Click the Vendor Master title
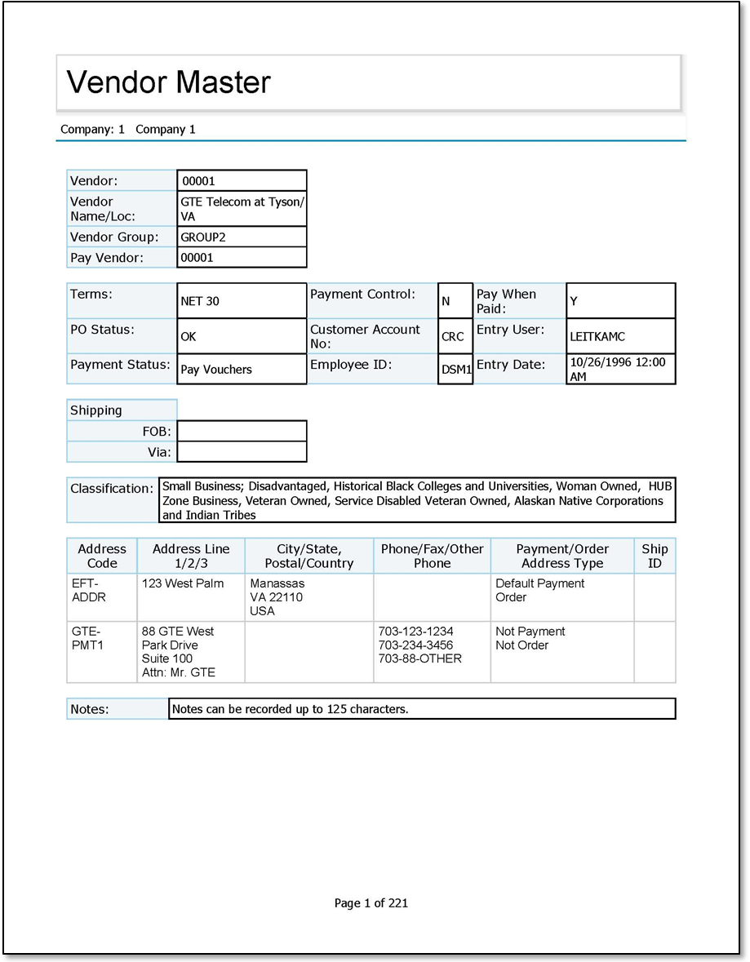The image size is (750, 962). (168, 82)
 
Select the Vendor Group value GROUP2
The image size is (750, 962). (203, 237)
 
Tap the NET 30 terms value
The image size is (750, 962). (200, 301)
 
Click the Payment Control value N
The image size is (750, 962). (446, 301)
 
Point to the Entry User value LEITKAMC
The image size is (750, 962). (597, 336)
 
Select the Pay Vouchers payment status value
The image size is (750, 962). (216, 370)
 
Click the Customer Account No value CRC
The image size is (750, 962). (453, 336)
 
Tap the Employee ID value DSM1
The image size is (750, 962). (456, 370)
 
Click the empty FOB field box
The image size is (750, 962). (242, 431)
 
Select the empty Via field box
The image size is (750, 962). (242, 451)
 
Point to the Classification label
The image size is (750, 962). (112, 489)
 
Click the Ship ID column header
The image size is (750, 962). (655, 556)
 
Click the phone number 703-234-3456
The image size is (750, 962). (415, 645)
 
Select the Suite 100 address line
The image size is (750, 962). (167, 658)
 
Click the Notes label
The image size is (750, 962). (89, 709)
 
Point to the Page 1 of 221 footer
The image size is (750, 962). (371, 902)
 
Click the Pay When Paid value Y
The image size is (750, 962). (574, 301)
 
